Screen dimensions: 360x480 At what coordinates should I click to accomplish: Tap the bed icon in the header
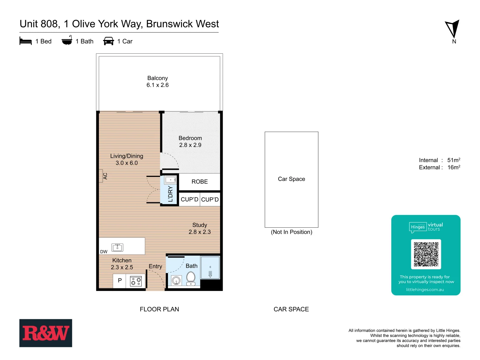26,41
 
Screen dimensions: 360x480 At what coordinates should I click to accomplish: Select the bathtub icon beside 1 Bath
67,40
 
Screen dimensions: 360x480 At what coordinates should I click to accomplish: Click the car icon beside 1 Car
109,41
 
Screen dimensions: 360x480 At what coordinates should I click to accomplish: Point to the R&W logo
46,333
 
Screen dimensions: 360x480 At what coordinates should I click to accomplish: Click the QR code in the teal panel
426,254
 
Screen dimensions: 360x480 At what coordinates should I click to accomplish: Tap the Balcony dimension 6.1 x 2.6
157,85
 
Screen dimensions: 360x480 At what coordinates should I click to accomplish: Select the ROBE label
199,182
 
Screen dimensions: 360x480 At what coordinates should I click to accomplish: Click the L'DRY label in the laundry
170,194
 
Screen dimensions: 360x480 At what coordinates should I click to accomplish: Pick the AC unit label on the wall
105,176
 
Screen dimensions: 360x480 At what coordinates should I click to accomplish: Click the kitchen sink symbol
117,247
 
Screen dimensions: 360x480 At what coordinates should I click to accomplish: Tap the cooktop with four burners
136,281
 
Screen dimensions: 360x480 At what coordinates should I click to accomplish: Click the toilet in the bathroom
191,278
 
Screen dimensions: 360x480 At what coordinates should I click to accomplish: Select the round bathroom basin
176,281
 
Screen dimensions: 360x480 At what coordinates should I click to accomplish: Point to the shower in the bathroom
210,268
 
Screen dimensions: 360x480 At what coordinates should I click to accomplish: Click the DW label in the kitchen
104,252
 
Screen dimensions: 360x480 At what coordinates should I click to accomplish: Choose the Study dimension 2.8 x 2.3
199,232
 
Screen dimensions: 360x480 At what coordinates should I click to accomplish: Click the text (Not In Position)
291,232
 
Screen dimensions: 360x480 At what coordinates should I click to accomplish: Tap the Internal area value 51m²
454,160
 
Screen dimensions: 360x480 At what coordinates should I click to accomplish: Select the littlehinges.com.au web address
425,290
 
